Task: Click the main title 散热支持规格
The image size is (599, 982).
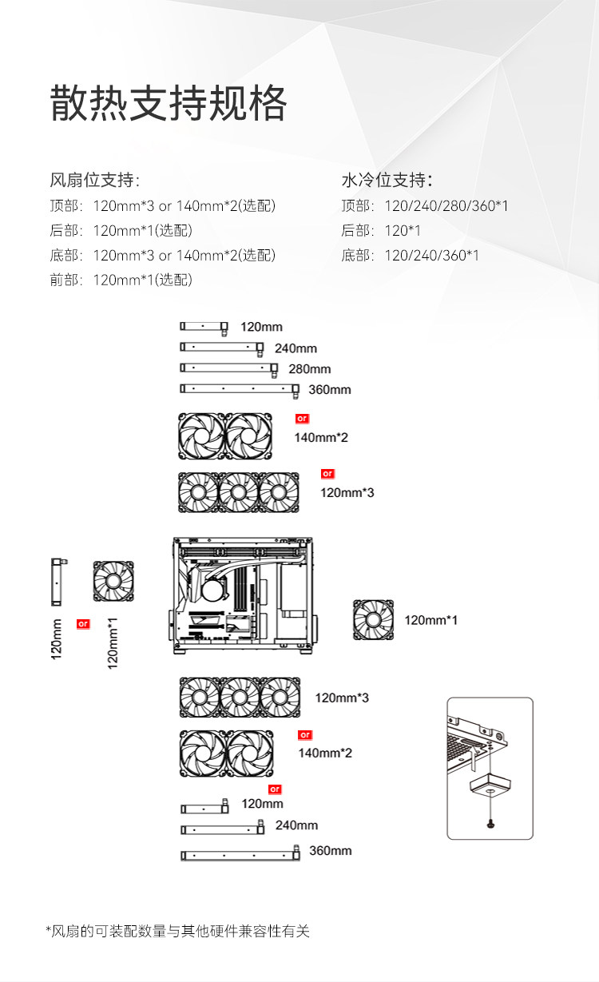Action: tap(169, 104)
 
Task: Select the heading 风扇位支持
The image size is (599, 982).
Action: tap(95, 179)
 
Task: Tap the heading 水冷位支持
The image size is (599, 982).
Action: tap(387, 179)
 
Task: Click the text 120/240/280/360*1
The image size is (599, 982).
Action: tap(446, 206)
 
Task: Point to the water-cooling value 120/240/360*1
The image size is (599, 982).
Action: tap(432, 256)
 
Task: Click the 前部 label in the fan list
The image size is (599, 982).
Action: tap(65, 280)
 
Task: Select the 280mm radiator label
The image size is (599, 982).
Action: tap(310, 369)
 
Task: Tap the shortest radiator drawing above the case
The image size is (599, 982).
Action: tap(204, 326)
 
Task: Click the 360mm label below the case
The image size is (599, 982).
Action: tap(330, 850)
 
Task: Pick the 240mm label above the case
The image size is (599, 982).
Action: tap(296, 348)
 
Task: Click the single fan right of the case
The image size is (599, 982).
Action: tap(373, 620)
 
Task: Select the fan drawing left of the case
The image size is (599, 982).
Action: tap(113, 581)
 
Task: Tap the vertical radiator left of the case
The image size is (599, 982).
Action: tap(58, 582)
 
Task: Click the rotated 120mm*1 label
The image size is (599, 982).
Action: tap(113, 643)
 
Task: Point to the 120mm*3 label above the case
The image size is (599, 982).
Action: tap(347, 492)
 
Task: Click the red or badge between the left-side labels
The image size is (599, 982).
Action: tap(83, 623)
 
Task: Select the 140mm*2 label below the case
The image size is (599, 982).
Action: tap(325, 753)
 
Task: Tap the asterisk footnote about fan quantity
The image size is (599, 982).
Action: tap(177, 931)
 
